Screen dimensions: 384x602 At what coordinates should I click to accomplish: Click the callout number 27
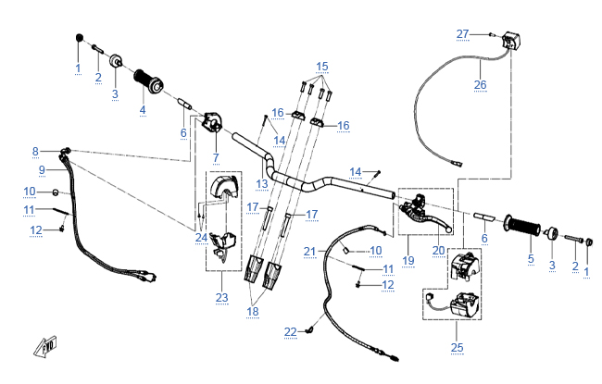tap(463, 33)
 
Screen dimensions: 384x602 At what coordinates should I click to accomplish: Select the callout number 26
tap(480, 84)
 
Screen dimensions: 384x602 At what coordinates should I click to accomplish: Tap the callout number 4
tap(143, 110)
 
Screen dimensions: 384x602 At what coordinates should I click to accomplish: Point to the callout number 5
tap(531, 259)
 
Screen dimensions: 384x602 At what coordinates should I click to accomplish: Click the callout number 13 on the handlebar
tap(262, 184)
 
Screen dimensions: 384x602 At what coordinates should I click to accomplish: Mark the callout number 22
tap(291, 331)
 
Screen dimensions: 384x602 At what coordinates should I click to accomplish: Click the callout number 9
tap(42, 169)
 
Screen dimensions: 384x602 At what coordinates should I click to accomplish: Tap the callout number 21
tap(310, 250)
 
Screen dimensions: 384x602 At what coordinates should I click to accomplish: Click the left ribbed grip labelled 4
tap(147, 81)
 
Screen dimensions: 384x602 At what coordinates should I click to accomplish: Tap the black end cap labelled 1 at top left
tap(79, 38)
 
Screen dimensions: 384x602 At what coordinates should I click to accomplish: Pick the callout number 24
tap(201, 238)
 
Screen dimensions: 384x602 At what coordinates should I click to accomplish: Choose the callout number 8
tap(35, 151)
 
